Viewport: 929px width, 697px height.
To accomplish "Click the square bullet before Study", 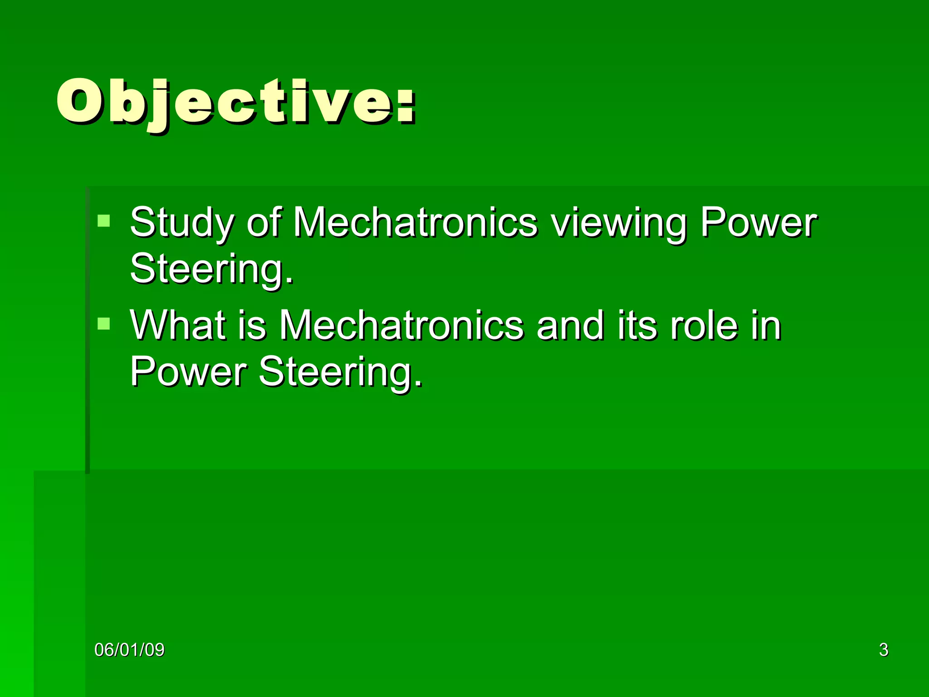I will [x=104, y=221].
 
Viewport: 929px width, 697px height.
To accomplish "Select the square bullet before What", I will [x=104, y=324].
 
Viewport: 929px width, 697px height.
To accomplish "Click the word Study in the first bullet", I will [x=182, y=223].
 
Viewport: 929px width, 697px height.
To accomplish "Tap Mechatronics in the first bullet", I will [x=415, y=222].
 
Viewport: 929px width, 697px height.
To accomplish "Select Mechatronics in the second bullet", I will [x=401, y=325].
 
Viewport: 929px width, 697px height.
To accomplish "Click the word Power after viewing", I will [x=758, y=222].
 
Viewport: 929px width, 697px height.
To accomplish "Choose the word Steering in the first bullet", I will [x=211, y=270].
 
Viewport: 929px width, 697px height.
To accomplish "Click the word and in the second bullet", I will [x=570, y=325].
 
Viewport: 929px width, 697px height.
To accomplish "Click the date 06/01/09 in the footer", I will [x=129, y=650].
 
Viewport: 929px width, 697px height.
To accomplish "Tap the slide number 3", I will [x=884, y=650].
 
